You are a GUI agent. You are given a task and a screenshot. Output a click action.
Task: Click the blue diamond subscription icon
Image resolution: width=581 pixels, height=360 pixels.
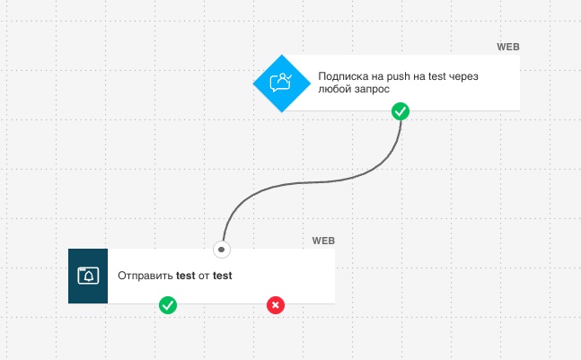(282, 83)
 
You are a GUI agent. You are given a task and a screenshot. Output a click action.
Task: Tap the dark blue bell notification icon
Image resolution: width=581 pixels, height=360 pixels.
(88, 276)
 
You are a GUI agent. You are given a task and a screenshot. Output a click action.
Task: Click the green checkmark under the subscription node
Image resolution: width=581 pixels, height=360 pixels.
(401, 111)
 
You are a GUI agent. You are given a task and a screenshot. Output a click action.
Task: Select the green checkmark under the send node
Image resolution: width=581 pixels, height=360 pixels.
(168, 305)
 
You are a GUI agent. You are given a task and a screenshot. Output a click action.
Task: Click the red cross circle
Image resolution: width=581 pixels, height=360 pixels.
(276, 305)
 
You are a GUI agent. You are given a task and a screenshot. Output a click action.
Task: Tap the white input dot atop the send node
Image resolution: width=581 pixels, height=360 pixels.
(222, 250)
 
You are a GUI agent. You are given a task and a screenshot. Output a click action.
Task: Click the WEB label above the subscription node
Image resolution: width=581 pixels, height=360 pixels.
(508, 47)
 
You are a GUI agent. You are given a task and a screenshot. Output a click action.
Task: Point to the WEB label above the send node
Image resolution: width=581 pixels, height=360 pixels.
(323, 241)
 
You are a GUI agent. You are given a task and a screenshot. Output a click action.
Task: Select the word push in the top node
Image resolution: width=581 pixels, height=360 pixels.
(399, 76)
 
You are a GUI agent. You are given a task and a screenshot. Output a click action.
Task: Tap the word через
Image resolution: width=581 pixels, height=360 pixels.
(463, 77)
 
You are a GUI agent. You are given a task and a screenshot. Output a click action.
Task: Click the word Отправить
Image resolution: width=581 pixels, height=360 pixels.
(145, 276)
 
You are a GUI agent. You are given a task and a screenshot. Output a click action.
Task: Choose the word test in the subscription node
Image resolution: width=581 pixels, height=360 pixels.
(436, 76)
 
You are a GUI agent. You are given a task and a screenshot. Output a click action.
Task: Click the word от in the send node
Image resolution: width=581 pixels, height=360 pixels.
(204, 276)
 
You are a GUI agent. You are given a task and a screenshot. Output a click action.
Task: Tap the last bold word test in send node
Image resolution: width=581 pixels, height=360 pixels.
(223, 276)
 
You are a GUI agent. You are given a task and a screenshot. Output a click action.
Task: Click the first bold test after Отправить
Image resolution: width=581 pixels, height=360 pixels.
(186, 276)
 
